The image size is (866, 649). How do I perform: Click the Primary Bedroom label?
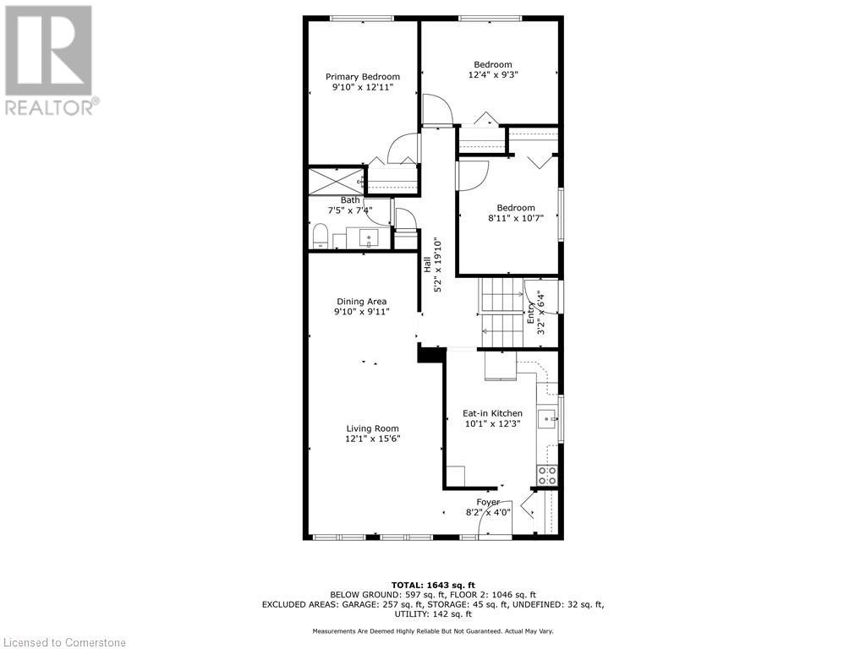363,77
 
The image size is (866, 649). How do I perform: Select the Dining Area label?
361,302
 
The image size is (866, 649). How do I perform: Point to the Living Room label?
372,428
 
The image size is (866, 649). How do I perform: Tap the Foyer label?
488,502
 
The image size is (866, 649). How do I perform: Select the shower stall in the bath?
335,180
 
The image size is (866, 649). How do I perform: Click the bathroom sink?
370,237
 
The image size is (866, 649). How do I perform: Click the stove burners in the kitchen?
547,475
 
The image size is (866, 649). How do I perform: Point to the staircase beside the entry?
502,312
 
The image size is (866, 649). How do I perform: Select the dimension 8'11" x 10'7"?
516,218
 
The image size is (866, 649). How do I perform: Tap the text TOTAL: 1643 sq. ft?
433,585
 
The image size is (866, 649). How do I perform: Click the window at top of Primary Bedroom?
361,19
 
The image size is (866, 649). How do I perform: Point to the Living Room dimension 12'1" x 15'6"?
372,439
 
